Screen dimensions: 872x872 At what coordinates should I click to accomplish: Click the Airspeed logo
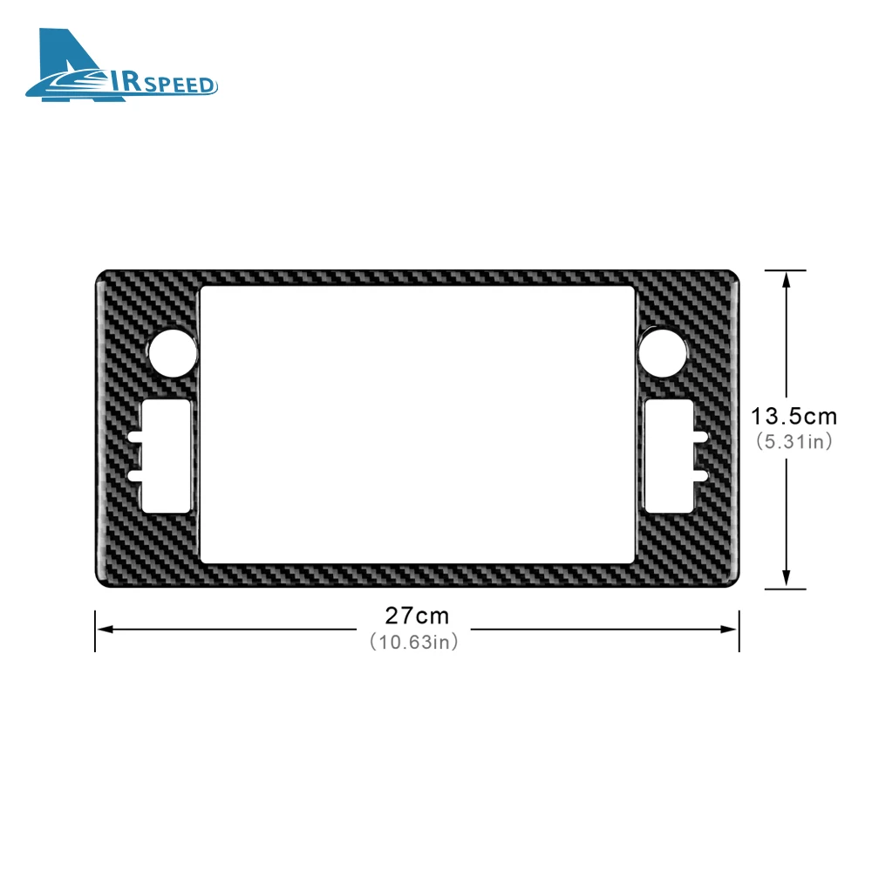click(121, 65)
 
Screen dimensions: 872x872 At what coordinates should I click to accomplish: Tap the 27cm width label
click(417, 616)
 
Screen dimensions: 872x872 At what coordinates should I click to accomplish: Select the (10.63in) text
click(414, 642)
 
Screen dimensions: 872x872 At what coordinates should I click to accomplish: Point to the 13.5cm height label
click(794, 416)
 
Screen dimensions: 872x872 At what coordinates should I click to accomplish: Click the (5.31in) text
click(794, 441)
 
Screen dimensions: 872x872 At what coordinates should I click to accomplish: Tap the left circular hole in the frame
click(173, 352)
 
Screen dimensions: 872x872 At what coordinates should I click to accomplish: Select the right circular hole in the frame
click(662, 352)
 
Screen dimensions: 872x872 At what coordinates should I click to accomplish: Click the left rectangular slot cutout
click(167, 456)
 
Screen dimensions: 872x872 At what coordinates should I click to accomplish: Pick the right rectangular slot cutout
click(669, 456)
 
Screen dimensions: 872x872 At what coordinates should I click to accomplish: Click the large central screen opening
click(417, 425)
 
